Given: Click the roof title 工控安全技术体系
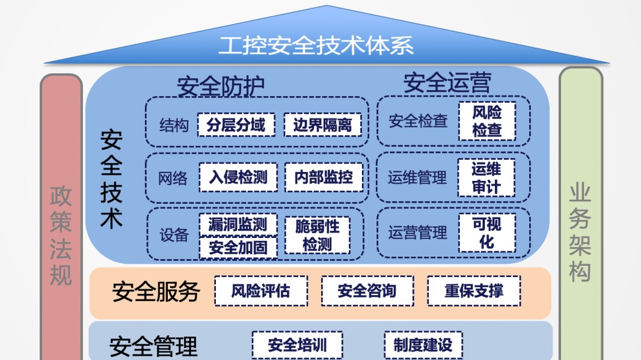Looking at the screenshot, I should tap(316, 46).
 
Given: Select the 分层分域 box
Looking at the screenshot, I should tap(236, 125).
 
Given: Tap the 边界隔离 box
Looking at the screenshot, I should tap(322, 125).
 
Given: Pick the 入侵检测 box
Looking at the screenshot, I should tap(238, 177).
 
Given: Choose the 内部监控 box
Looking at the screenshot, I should tap(324, 177).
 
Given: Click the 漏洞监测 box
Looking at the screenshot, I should tap(238, 225).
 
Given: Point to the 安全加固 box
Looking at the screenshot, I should tap(238, 247).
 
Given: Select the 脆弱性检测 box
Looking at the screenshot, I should tap(317, 235).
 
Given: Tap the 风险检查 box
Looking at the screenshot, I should tap(486, 121).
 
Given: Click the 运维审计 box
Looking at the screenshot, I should tap(486, 177).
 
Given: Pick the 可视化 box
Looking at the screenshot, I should tap(486, 233).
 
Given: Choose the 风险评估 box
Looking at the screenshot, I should tap(260, 291).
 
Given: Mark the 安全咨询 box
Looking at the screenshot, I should tap(367, 291).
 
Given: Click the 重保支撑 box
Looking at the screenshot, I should tap(474, 291).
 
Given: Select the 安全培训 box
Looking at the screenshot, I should tap(297, 346).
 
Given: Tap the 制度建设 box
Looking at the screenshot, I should tap(423, 346).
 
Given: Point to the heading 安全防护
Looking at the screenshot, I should tap(220, 86).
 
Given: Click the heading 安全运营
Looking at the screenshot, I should tap(447, 83).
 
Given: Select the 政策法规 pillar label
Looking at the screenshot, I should tap(61, 236).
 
